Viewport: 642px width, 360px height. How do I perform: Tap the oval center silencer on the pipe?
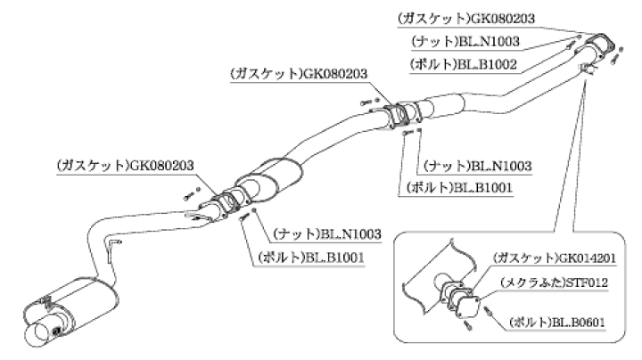(272, 177)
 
